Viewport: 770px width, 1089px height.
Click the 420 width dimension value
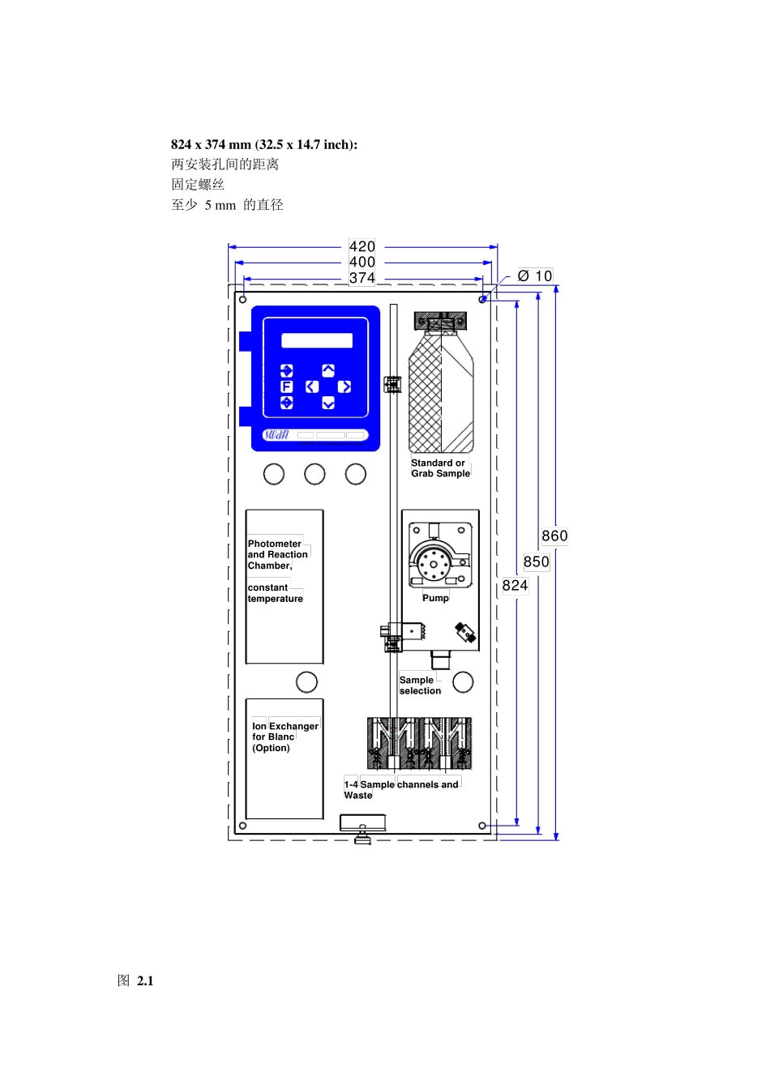[361, 246]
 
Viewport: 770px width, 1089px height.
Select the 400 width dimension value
[361, 262]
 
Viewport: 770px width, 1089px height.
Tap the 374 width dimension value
[361, 278]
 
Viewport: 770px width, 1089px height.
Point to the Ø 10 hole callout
[535, 276]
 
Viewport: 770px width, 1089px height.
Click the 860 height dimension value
[554, 536]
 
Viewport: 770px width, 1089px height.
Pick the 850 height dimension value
[536, 562]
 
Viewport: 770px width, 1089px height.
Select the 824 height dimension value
[515, 585]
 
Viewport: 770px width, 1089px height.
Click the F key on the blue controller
[287, 387]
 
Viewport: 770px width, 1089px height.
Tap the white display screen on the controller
[317, 340]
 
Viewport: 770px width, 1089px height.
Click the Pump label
[435, 598]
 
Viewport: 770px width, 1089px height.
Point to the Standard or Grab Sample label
[440, 468]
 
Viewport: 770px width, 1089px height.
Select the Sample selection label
[420, 685]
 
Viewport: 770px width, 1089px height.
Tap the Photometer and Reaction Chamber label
[277, 555]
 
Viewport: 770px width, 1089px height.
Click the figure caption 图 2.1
[135, 980]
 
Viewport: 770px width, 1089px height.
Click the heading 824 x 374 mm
[263, 144]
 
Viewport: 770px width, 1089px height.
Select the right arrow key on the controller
[344, 387]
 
